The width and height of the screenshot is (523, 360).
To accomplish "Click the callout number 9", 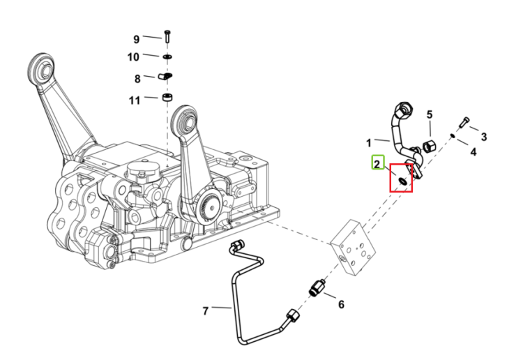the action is click(x=136, y=39).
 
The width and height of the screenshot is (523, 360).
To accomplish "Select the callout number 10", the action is click(x=133, y=57).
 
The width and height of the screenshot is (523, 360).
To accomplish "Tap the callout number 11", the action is click(x=135, y=100).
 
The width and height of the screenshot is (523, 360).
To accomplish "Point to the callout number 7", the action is click(x=206, y=311).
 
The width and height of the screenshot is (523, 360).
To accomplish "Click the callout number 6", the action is click(x=341, y=304).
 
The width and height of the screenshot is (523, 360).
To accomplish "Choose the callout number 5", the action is click(x=430, y=115).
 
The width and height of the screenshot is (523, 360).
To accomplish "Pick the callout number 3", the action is click(x=484, y=137).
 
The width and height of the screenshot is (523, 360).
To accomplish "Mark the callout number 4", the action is click(x=473, y=152).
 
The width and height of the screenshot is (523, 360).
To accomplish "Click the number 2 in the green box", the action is click(x=377, y=164).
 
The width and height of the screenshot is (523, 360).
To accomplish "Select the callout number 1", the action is click(x=369, y=143).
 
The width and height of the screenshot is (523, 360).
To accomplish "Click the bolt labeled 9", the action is click(x=167, y=36).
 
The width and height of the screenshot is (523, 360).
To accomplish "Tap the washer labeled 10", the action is click(x=167, y=57).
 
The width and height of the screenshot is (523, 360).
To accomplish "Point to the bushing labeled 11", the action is click(x=167, y=98).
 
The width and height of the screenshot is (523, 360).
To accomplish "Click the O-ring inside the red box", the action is click(x=402, y=181).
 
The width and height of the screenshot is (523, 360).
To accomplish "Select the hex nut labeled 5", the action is click(x=429, y=147).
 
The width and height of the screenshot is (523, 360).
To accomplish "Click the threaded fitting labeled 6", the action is click(x=317, y=288).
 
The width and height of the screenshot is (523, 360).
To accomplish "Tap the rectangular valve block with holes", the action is click(x=354, y=247).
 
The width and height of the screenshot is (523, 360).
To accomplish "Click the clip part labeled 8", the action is click(x=165, y=77).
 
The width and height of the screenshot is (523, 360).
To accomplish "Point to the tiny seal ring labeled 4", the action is click(x=453, y=135).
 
